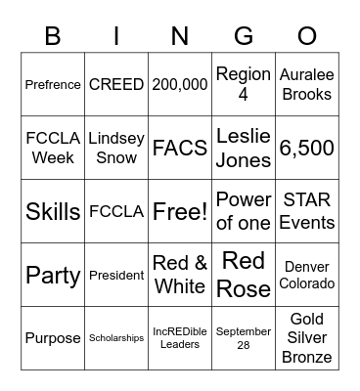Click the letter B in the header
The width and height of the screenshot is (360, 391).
(x=53, y=36)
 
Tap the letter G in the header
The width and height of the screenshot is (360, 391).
(x=244, y=36)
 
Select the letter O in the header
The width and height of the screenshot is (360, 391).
(x=307, y=36)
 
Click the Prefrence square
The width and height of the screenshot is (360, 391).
(x=53, y=84)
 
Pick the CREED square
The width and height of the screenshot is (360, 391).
(x=116, y=84)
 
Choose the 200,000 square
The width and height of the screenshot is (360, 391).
(x=180, y=84)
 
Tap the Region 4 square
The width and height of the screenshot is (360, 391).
(x=244, y=84)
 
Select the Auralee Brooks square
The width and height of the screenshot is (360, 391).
(x=307, y=84)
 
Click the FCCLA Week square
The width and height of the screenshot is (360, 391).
(x=53, y=148)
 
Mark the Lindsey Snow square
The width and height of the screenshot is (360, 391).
(x=116, y=148)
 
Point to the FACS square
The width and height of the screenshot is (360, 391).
(x=180, y=148)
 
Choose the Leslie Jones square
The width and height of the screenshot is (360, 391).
(x=244, y=148)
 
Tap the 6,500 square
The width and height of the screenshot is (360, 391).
(x=307, y=148)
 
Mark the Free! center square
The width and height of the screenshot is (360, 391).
(x=180, y=211)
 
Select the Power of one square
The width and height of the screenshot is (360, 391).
(x=244, y=211)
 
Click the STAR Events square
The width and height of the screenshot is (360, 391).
(x=307, y=211)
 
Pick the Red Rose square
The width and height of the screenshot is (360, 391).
(x=244, y=275)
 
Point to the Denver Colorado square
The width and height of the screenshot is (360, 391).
(x=307, y=275)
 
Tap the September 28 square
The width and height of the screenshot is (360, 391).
(x=244, y=338)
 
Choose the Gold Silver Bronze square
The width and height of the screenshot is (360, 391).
(x=307, y=338)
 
